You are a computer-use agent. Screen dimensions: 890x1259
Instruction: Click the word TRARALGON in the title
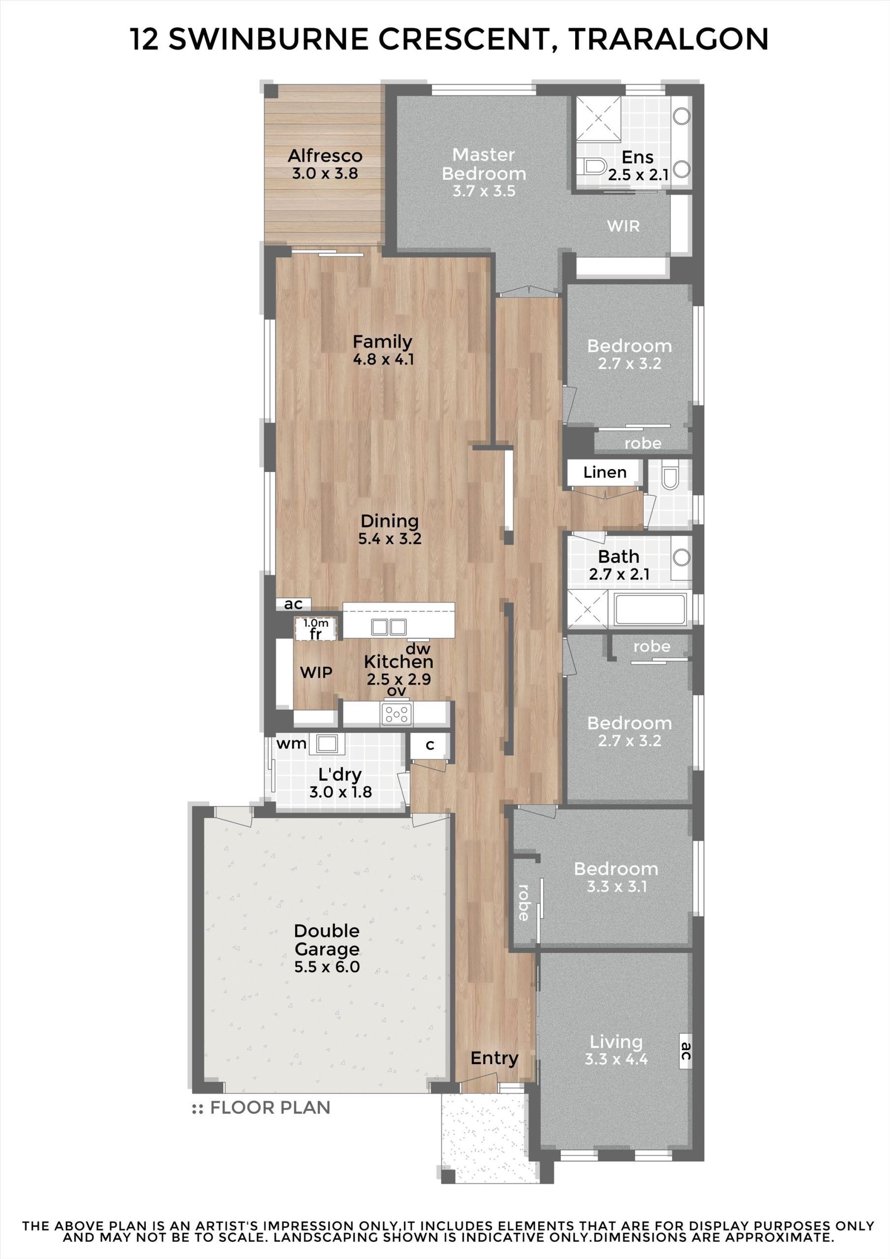(x=668, y=39)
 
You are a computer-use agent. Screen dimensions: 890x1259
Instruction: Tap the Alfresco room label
(x=325, y=156)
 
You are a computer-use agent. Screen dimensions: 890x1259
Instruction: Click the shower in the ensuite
(x=598, y=118)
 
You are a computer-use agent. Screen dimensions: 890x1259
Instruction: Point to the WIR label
(x=623, y=226)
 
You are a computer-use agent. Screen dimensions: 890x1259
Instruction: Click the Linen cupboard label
(x=605, y=472)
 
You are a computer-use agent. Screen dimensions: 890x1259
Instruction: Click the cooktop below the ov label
(x=397, y=714)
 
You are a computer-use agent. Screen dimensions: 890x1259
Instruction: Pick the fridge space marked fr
(x=315, y=629)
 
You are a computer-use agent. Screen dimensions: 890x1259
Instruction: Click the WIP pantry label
(x=316, y=672)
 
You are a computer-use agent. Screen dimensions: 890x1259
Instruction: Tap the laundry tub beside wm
(x=327, y=744)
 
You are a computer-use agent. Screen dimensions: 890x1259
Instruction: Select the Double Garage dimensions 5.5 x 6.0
(x=327, y=967)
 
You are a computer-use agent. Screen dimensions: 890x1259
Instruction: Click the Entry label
(x=494, y=1058)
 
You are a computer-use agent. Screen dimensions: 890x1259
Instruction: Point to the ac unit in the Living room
(x=685, y=1051)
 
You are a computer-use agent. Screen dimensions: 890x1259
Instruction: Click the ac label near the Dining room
(x=293, y=604)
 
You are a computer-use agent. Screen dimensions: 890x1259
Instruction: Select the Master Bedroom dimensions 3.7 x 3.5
(x=484, y=191)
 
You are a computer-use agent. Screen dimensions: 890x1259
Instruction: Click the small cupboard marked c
(x=430, y=745)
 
